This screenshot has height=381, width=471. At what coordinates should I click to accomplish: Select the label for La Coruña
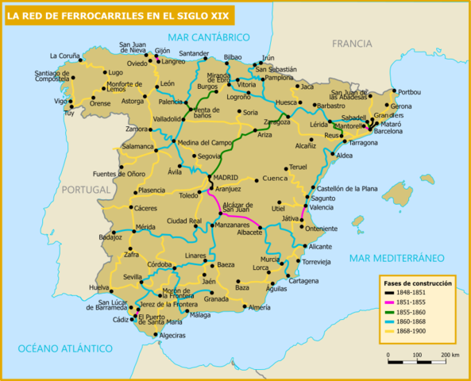(x=65, y=56)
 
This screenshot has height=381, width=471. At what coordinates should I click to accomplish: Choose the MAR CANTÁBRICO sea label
(x=209, y=37)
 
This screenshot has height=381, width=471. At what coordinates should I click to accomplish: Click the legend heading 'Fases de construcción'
(x=417, y=283)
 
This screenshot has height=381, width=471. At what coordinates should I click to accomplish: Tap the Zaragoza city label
(x=277, y=122)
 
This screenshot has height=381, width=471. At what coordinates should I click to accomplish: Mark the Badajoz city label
(x=110, y=237)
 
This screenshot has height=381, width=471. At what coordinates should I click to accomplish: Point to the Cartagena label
(x=303, y=281)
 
